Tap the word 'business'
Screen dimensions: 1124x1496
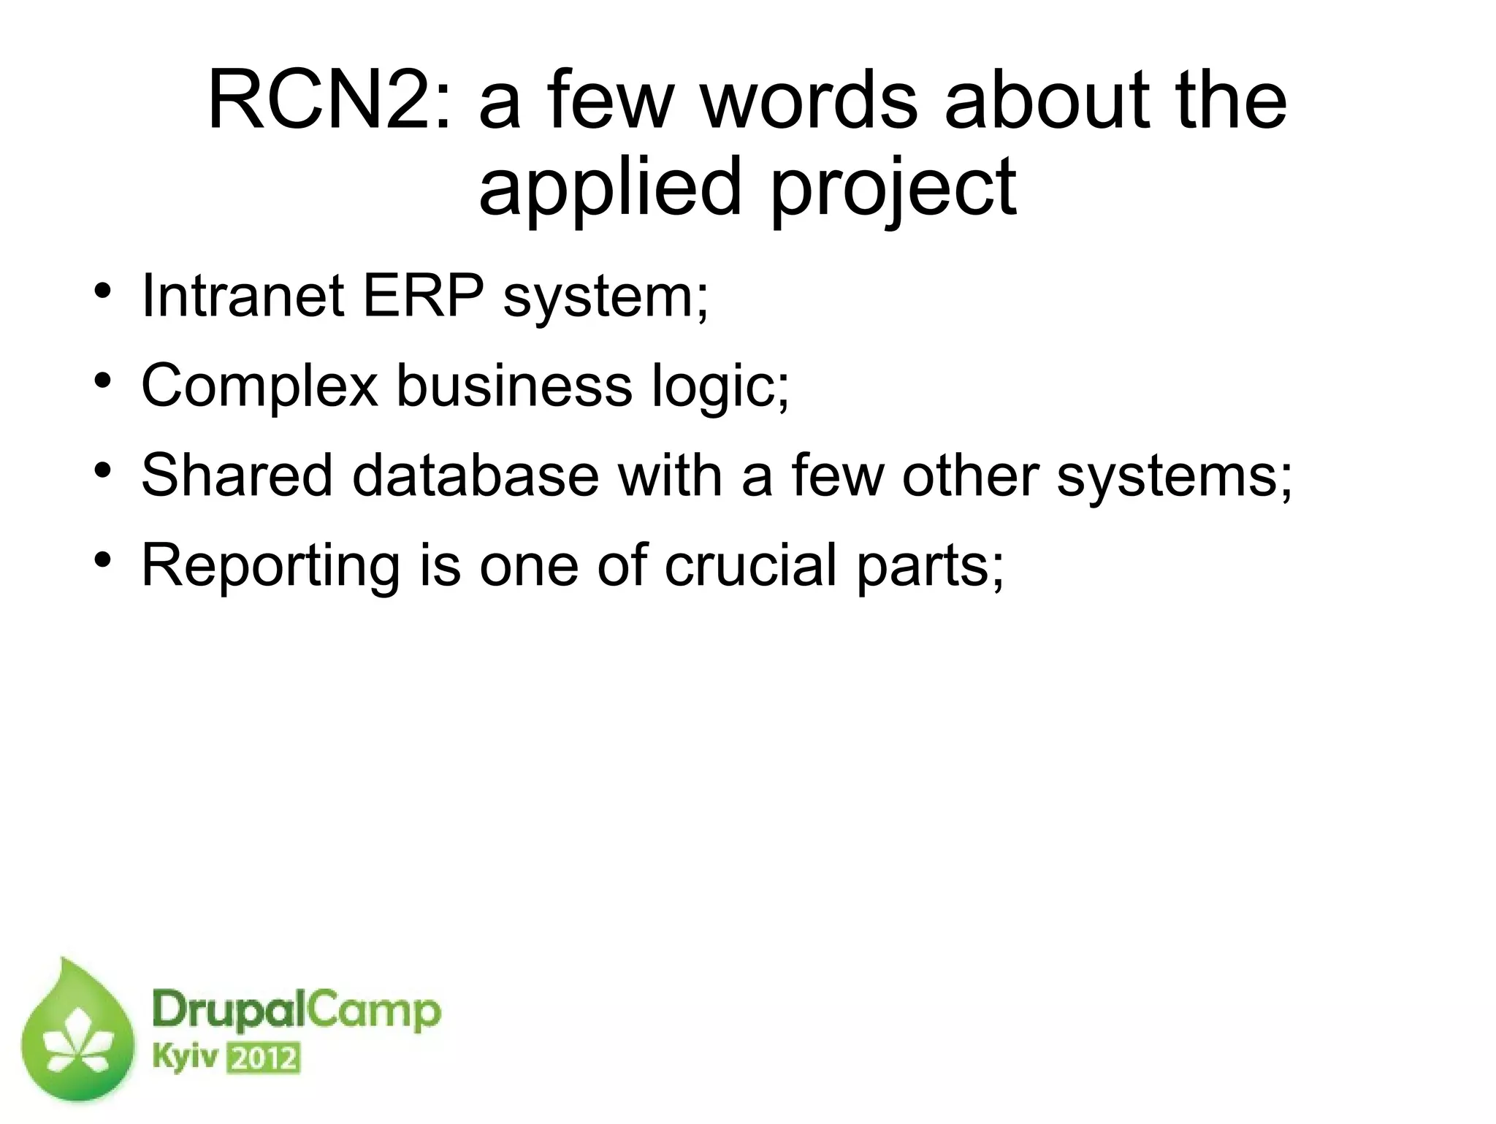pos(514,386)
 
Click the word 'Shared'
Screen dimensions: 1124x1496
pos(237,475)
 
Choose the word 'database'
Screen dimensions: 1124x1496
pos(475,475)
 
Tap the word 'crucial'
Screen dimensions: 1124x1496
pos(749,565)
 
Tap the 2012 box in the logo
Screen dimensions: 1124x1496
pos(264,1058)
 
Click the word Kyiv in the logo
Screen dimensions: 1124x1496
pos(187,1058)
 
